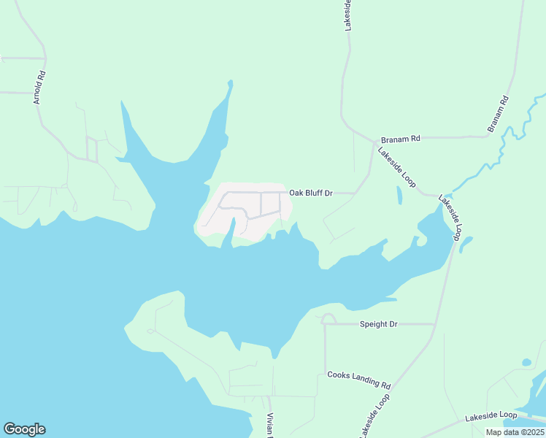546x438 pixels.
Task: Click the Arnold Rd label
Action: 40,87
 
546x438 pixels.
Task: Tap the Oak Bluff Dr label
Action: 311,193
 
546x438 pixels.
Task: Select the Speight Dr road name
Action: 378,323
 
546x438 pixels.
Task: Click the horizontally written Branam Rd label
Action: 401,138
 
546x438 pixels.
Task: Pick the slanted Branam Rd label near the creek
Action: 498,114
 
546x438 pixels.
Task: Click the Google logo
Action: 24,429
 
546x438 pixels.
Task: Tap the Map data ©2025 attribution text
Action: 515,432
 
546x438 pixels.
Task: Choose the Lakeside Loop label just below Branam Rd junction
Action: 396,167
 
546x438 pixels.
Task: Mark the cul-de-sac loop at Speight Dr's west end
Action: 328,318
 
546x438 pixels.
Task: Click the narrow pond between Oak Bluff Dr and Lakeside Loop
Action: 399,195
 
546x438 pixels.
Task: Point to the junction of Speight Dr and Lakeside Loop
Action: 436,323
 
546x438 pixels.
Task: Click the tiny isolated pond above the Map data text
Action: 526,361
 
